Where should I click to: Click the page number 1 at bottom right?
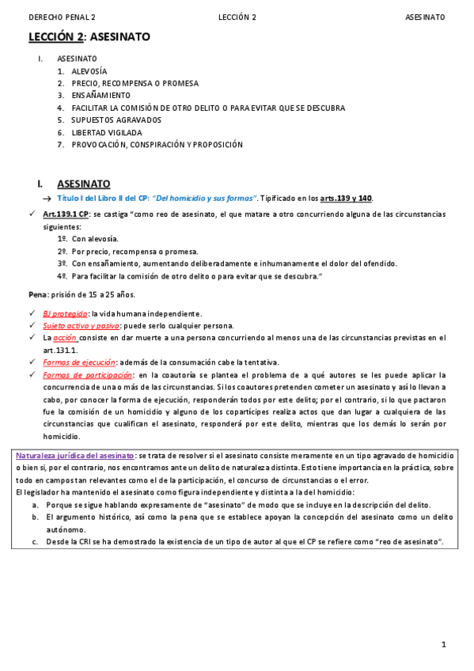(x=444, y=645)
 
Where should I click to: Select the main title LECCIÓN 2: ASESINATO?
(x=89, y=37)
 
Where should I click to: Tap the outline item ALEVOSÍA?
(x=89, y=71)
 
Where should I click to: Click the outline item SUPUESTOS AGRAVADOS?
(x=116, y=120)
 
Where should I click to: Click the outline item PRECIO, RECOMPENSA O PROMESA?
(x=135, y=83)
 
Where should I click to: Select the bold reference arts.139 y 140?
(x=345, y=198)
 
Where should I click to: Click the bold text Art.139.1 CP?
(x=66, y=214)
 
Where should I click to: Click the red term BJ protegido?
(x=65, y=314)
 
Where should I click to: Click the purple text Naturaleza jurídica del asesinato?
(x=75, y=456)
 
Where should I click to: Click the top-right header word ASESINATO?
(x=425, y=17)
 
